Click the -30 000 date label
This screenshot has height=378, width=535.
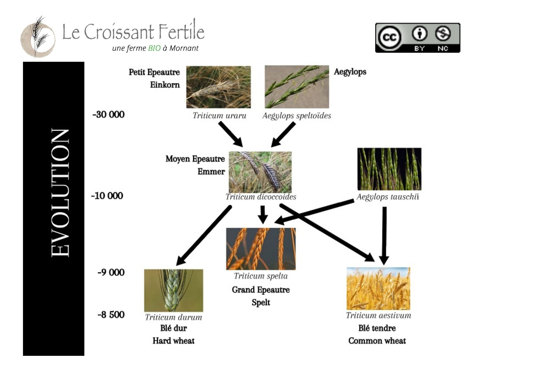click(109, 114)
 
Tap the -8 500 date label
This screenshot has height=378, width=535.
click(111, 315)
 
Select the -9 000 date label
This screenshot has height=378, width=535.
click(111, 272)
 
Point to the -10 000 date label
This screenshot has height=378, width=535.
click(107, 196)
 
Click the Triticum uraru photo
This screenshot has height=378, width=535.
click(219, 87)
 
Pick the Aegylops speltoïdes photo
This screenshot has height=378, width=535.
click(297, 87)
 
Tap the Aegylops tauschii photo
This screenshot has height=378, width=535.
click(389, 169)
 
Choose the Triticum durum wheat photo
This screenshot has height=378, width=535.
click(174, 290)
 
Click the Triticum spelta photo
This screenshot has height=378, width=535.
click(261, 249)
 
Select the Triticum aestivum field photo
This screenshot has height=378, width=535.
click(378, 289)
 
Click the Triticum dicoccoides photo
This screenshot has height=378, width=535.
click(260, 172)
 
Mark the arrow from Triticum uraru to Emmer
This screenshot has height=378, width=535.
click(231, 134)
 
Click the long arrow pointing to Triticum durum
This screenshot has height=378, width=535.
click(204, 235)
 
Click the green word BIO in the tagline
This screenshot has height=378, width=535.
click(154, 48)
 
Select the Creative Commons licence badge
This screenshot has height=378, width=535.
click(418, 38)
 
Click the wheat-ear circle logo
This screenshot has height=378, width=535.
click(38, 37)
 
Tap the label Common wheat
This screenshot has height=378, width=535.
click(377, 341)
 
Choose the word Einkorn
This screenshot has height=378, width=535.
click(165, 85)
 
